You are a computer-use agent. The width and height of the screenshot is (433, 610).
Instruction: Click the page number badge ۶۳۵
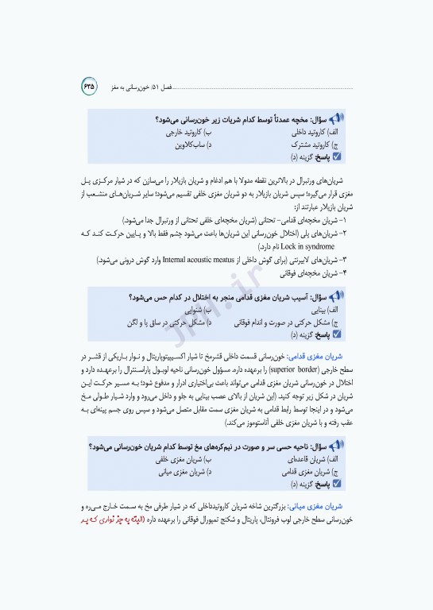[87, 83]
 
